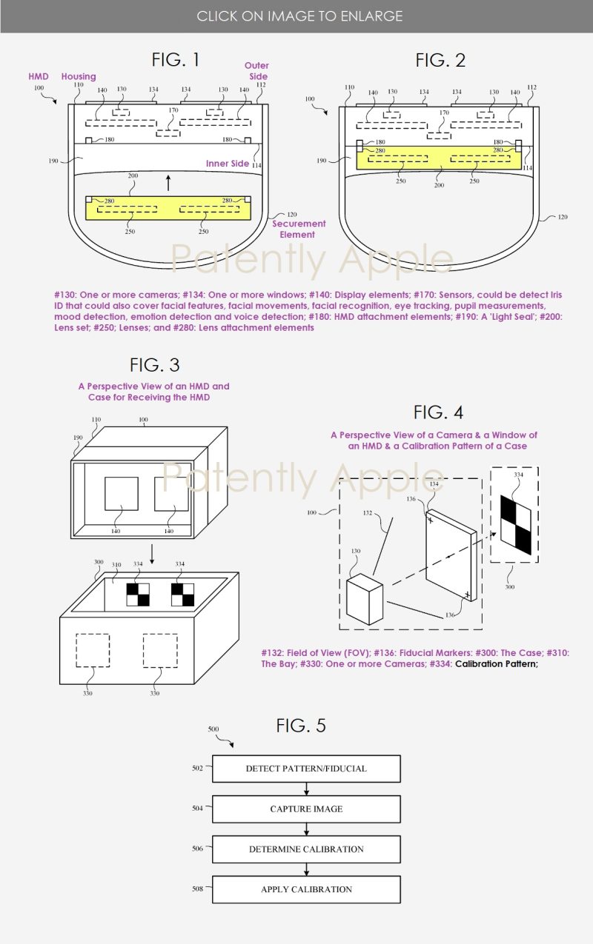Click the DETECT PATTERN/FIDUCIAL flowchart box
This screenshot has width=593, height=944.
306,769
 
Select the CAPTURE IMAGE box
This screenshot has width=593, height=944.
306,809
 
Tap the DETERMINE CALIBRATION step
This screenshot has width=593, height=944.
306,848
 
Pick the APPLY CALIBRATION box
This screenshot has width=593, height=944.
306,889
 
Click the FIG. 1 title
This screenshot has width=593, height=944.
176,60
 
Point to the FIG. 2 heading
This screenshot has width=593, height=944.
440,60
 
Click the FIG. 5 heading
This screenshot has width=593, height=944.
301,726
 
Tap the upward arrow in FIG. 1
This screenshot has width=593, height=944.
168,183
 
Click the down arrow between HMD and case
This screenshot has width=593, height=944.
152,554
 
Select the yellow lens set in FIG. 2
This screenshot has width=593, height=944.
439,158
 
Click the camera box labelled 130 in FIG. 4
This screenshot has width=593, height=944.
364,599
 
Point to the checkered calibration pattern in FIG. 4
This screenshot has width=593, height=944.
516,525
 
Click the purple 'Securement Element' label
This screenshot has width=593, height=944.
299,229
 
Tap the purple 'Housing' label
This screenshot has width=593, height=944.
79,76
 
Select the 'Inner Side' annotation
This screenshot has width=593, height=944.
228,164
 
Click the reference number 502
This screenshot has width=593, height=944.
197,769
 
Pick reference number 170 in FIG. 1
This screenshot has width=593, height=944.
173,110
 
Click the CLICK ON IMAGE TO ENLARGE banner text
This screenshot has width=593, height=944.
299,16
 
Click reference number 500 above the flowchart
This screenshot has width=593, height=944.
213,729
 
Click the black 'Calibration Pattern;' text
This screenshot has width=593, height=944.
497,663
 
